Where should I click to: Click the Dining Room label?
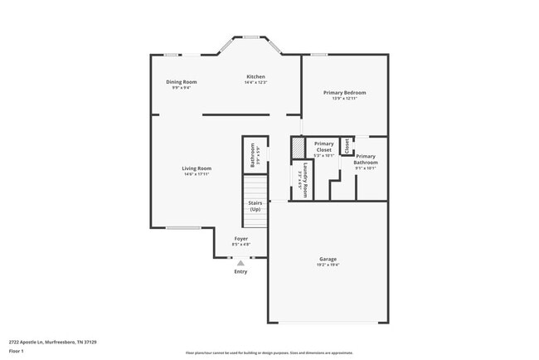(181, 81)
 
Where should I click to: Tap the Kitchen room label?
(255, 76)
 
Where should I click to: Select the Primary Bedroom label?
(344, 92)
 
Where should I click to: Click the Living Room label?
(197, 168)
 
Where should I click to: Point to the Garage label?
(328, 259)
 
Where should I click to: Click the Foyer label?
(240, 239)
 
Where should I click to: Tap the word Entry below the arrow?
(240, 271)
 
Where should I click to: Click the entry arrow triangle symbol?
(240, 262)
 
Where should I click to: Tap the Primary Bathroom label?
(366, 159)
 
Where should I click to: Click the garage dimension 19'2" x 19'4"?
(328, 265)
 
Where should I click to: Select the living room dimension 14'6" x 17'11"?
(197, 174)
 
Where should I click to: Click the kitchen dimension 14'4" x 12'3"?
(255, 82)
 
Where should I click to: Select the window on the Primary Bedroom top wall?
(318, 55)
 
